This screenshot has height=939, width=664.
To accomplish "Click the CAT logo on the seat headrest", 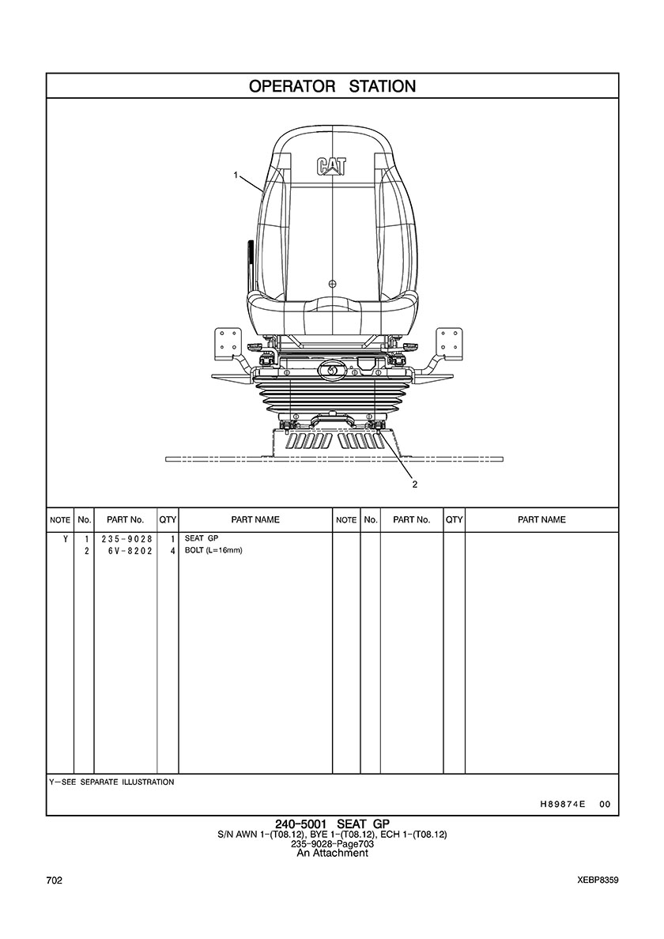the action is tap(331, 167).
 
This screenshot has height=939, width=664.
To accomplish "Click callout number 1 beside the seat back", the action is tap(236, 175).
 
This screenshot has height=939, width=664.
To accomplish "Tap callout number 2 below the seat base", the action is tap(414, 485).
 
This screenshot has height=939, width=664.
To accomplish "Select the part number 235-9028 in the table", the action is tap(127, 538).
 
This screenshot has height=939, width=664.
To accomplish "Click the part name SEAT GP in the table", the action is tap(202, 538).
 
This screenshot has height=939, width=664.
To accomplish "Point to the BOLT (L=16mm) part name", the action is tap(213, 550).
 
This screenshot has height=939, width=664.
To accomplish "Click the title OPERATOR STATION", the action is tap(332, 86).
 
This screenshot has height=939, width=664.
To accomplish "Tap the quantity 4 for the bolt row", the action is tap(172, 550).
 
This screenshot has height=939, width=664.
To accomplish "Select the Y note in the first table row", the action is tap(66, 538).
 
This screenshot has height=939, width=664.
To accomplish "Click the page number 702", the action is tap(54, 881).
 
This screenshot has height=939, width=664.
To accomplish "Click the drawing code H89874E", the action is tap(558, 805).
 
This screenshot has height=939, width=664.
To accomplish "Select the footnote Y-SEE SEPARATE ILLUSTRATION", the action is tap(112, 782).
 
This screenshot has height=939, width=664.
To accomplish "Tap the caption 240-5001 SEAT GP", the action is tap(332, 824).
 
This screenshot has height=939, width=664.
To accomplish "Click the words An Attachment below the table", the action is tap(332, 853).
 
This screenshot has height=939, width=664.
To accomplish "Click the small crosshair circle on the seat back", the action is tap(333, 283).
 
